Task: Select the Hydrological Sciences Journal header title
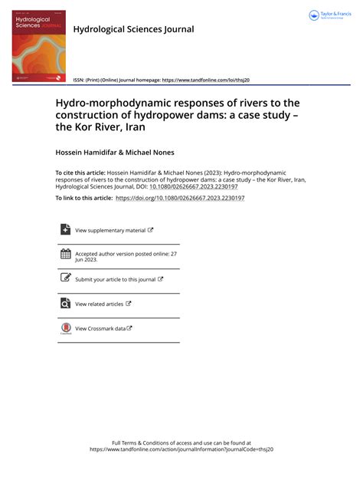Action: (133, 29)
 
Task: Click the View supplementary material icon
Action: (65, 229)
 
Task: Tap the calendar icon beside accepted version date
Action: (65, 255)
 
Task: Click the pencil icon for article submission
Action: (65, 279)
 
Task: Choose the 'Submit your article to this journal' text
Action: (115, 280)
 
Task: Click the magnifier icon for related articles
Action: (65, 304)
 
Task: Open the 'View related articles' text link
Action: (99, 304)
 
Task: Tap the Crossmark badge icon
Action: (65, 328)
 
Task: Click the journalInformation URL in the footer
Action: (181, 449)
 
